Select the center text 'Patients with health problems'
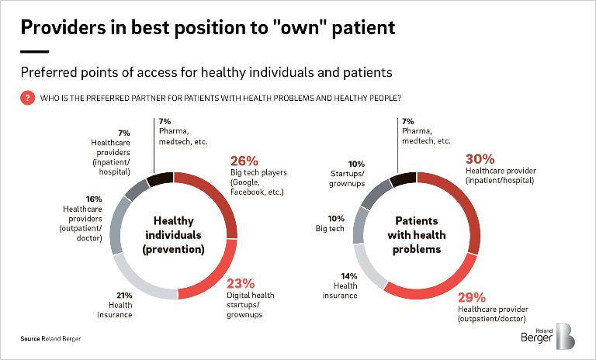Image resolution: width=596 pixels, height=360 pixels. tap(418, 236)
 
